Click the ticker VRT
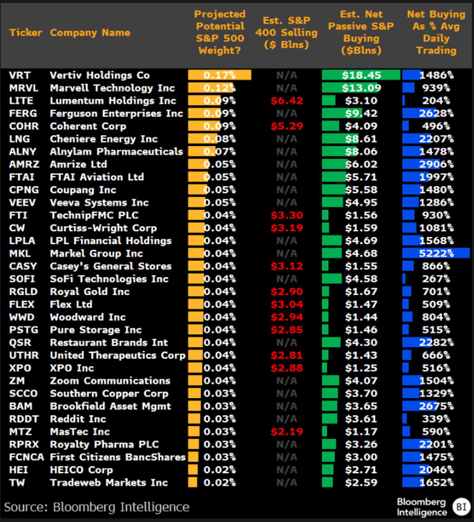coord(20,75)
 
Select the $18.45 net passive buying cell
coord(361,75)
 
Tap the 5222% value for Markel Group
coord(436,253)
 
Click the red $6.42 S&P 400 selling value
coord(287,101)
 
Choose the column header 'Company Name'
coord(90,32)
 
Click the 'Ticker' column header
coord(25,32)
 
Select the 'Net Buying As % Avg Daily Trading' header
coord(436,32)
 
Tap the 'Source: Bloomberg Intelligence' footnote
coord(97,507)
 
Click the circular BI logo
coord(461,507)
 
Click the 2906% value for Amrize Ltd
coord(436,164)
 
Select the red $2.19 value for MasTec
coord(287,432)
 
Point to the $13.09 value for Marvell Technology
coord(361,88)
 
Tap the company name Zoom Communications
coord(110,381)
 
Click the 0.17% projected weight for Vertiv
coord(220,75)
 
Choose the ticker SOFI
coord(22,279)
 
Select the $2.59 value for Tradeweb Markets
coord(361,483)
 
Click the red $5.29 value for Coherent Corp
coord(287,126)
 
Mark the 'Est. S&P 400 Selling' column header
coord(286,32)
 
